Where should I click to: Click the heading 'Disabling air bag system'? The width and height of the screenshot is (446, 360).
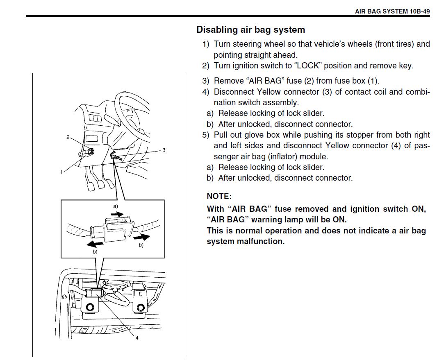(x=250, y=30)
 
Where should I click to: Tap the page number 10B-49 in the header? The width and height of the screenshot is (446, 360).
(x=419, y=11)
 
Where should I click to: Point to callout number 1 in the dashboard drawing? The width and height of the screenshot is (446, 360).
(x=61, y=172)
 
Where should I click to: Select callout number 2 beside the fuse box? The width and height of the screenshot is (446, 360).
(x=68, y=137)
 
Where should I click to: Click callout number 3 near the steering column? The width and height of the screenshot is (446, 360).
(x=164, y=150)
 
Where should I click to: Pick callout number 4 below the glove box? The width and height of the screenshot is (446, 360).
(x=137, y=338)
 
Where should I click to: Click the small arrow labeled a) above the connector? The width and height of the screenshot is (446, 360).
(x=117, y=214)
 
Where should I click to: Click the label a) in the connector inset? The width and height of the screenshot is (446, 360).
(x=116, y=206)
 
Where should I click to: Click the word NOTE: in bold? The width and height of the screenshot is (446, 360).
(x=219, y=197)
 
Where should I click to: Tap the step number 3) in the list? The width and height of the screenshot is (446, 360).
(x=205, y=81)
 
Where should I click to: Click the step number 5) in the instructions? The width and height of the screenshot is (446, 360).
(x=205, y=135)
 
